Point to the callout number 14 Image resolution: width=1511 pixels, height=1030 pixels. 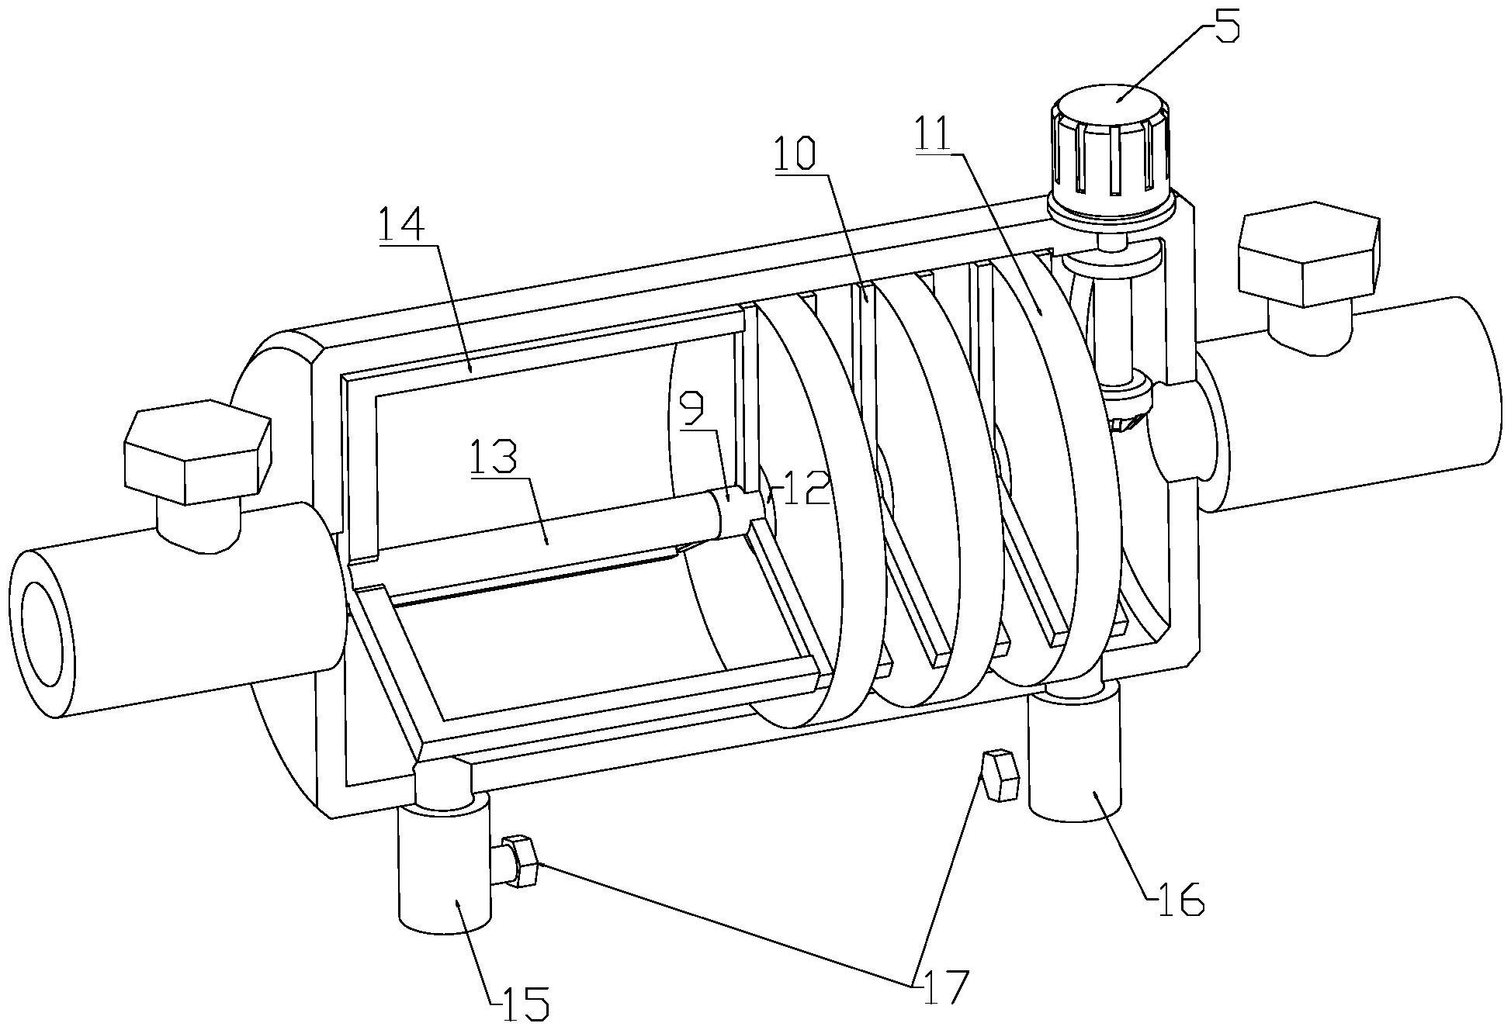403,224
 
